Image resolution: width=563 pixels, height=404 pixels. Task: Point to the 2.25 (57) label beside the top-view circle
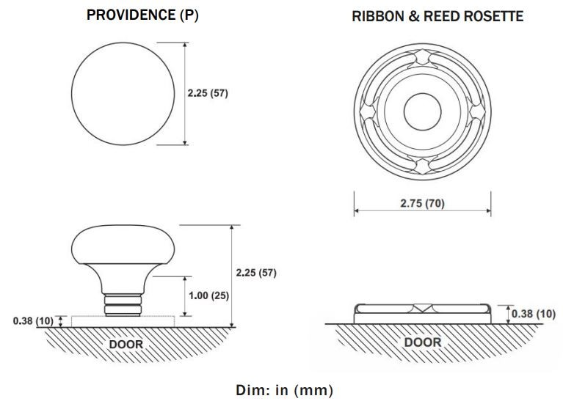coord(208,94)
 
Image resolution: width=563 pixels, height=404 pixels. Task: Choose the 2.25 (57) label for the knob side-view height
coord(255,273)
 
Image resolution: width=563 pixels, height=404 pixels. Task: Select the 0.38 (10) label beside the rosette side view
coord(533,314)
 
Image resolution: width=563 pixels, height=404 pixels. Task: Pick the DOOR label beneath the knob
coord(126,343)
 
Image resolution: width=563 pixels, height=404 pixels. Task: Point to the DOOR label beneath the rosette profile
coord(423,342)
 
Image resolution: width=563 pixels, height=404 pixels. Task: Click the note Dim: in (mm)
coord(284,389)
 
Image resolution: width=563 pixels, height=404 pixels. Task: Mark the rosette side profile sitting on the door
coord(422,313)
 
